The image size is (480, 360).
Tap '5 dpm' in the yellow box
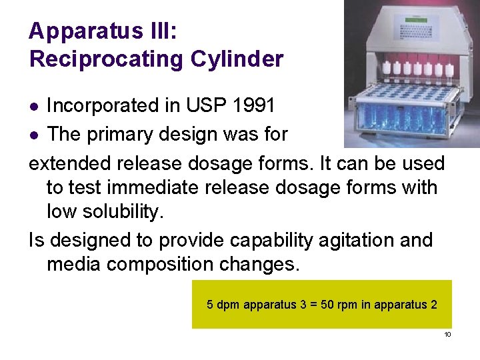point(224,305)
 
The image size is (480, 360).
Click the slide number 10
point(447,334)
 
